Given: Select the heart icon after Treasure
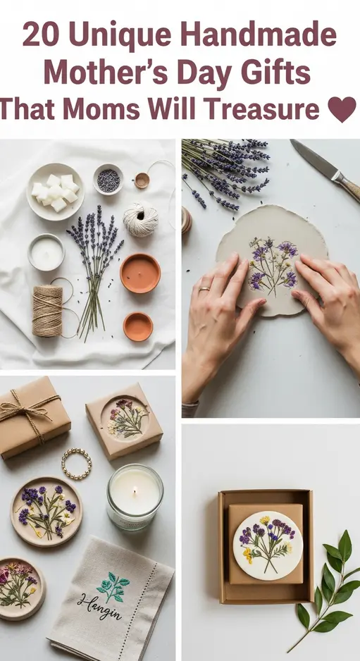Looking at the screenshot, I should pos(342,109).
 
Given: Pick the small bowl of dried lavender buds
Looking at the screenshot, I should pos(108,179).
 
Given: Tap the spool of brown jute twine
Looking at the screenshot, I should pos(47,310).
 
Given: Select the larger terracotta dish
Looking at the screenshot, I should pos(139,273).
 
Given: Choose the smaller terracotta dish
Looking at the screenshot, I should pos(137,326).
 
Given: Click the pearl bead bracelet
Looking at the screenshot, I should pos(76,464).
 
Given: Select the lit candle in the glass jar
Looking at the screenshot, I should pos(135,496).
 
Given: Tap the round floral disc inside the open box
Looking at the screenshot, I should pos(267,545).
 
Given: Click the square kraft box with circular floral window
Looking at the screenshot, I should pos(124,421).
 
